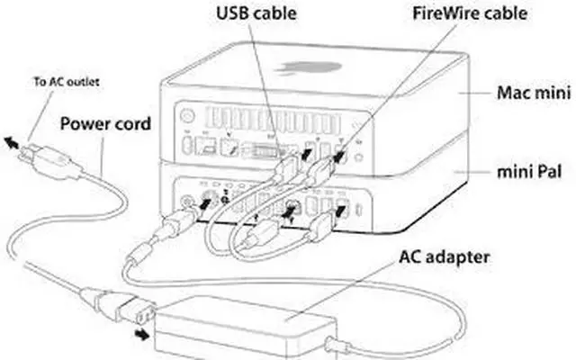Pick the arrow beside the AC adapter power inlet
point(141,334)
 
